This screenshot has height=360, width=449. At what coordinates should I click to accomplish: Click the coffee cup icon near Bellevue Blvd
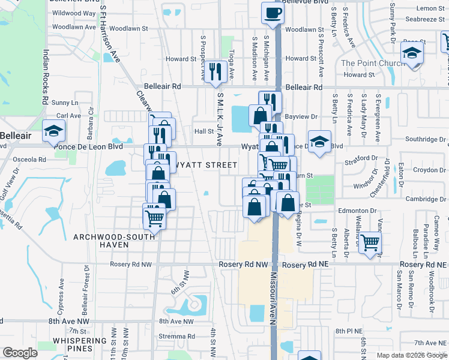tap(273, 13)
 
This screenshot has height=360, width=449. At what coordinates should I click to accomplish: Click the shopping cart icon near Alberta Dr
tap(370, 242)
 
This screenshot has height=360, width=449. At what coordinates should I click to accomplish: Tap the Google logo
tap(20, 353)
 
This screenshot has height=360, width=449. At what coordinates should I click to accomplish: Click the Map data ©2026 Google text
tap(412, 355)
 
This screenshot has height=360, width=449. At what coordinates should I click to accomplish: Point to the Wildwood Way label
tap(74, 13)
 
